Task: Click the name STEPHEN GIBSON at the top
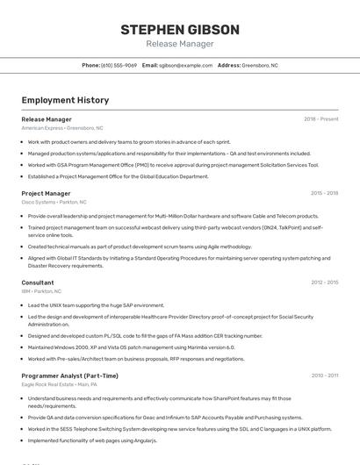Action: [x=179, y=30]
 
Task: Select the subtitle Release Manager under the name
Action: [x=179, y=44]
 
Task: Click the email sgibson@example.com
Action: [x=185, y=65]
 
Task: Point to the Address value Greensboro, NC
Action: [x=260, y=65]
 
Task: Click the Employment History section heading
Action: [x=65, y=100]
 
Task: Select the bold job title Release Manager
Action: [x=47, y=119]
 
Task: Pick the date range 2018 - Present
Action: [x=320, y=119]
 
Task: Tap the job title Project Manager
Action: [x=46, y=193]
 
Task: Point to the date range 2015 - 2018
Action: [x=324, y=193]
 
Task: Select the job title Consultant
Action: [x=38, y=283]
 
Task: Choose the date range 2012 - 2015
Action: [x=324, y=283]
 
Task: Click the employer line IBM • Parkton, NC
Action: [x=41, y=291]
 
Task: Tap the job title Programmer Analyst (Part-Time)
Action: [x=69, y=376]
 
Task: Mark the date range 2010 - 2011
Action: [x=324, y=376]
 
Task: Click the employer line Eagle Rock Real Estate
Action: [x=59, y=384]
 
